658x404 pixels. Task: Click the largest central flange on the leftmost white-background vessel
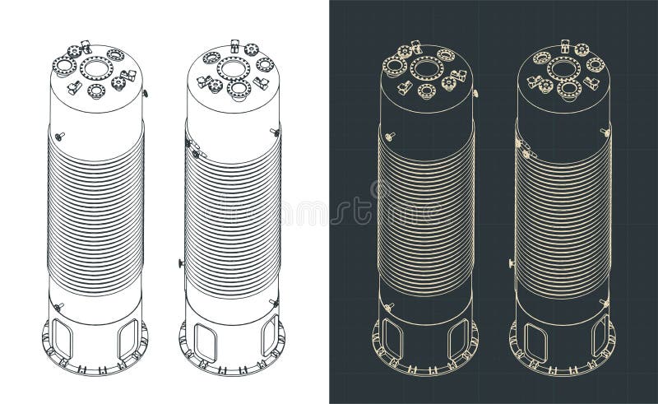coord(96,67)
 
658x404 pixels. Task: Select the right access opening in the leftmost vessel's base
coord(127,337)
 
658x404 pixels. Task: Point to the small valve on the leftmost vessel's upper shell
coord(60,136)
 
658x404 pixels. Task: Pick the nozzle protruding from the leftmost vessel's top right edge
coord(145,94)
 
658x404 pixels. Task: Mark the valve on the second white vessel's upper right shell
coord(274,132)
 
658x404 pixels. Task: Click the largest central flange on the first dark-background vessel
coord(426,67)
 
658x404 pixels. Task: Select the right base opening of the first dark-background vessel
coord(457,337)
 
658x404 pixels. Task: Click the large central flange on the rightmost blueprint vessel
coord(563,67)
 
